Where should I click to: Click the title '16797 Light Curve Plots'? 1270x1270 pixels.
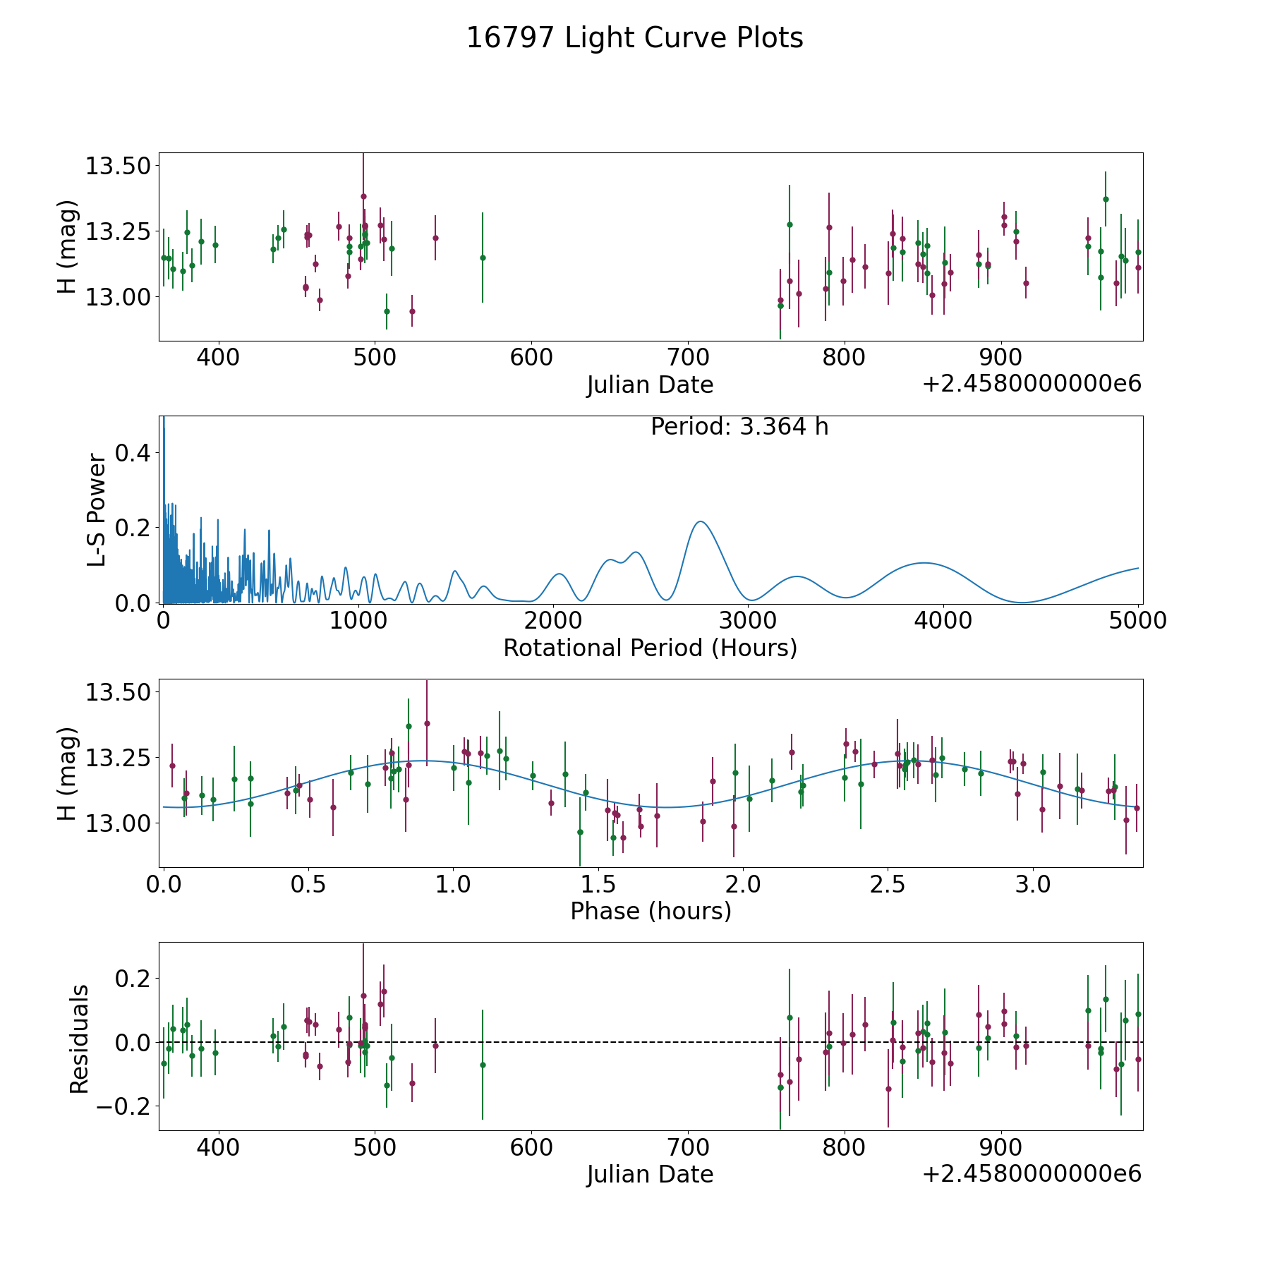[x=634, y=38]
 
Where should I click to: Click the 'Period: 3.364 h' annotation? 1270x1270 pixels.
[x=739, y=427]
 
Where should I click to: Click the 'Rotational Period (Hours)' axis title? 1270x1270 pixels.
[x=650, y=648]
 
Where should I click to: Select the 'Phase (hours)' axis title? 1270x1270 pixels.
[x=650, y=912]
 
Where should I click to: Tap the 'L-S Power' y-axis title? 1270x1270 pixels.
[x=97, y=509]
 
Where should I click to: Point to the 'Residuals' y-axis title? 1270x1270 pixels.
[x=79, y=1039]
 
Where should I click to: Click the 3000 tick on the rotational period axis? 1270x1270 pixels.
[x=747, y=621]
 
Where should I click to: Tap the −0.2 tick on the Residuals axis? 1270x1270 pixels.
[x=119, y=1106]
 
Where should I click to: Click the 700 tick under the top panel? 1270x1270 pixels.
[x=687, y=358]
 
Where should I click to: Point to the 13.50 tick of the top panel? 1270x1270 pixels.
[x=117, y=167]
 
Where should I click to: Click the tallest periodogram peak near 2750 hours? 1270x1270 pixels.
[x=700, y=521]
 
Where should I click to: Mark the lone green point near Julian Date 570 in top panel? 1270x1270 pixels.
[x=483, y=258]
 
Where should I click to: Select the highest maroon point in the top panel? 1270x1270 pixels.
[x=363, y=196]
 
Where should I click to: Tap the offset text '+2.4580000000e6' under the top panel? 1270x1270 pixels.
[x=1032, y=385]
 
